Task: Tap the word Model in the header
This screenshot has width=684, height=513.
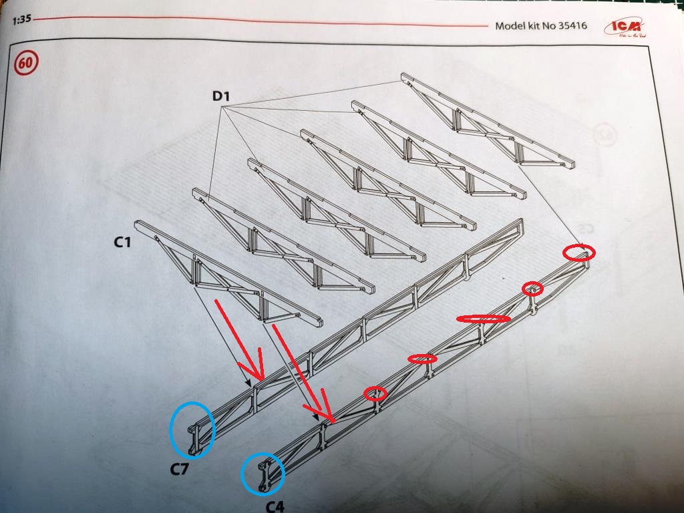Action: click(510, 27)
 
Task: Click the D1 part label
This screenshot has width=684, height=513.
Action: click(221, 97)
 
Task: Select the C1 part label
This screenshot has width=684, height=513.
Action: click(122, 242)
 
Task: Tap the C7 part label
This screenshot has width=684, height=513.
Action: click(179, 469)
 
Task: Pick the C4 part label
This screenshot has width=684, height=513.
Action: click(275, 506)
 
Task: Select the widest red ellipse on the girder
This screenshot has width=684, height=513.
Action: click(483, 319)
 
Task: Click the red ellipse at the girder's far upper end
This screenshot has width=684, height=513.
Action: click(578, 252)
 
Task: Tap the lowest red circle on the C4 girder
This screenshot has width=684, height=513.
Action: click(375, 393)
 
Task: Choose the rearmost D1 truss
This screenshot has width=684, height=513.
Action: click(488, 120)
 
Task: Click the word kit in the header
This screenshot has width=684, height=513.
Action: click(534, 27)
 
